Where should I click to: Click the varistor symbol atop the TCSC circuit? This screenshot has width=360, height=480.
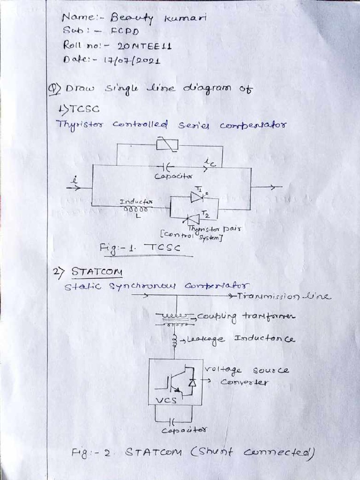167,145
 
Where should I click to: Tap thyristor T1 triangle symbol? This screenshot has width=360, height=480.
196,197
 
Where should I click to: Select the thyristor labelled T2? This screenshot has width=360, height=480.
192,218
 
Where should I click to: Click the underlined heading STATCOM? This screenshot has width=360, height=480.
97,272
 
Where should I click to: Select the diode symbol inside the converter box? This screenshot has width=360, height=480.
191,383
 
